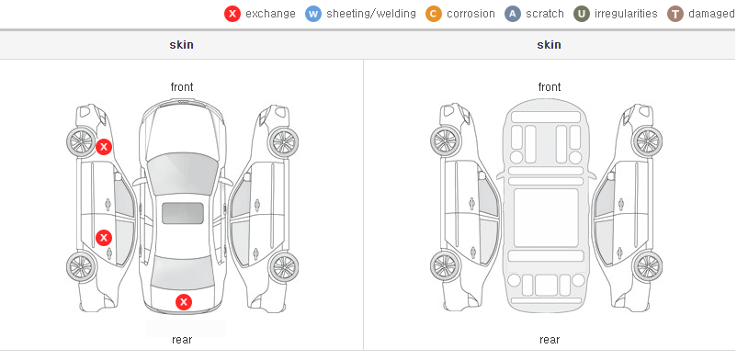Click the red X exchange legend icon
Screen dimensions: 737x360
coord(232,14)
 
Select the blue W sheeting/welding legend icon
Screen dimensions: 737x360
coord(313,14)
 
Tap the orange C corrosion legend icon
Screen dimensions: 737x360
coord(434,14)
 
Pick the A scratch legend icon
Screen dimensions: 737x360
coord(513,14)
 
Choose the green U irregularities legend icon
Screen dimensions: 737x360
coord(582,14)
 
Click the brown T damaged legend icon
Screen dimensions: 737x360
coord(675,14)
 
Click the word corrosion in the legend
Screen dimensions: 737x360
coord(471,14)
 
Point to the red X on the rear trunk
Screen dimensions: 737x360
coord(184,302)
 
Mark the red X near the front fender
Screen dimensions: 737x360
coord(104,147)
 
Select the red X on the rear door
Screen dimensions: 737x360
coord(104,238)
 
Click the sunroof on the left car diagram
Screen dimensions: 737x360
coord(183,213)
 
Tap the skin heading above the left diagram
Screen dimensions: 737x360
coord(181,45)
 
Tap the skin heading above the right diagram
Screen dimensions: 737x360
coord(549,45)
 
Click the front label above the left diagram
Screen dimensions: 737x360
coord(182,87)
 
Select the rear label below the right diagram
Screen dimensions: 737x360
coord(550,340)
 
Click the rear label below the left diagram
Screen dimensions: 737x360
coord(182,340)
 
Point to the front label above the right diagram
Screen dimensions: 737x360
coord(550,87)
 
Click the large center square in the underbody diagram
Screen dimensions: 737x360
coord(546,218)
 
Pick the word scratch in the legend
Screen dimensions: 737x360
coord(545,14)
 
